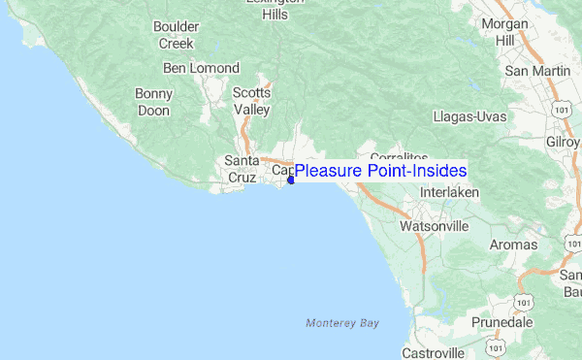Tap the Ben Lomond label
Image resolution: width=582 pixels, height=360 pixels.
201,68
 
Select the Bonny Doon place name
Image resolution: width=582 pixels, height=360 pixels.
154,101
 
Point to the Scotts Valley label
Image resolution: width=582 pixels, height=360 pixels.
251,101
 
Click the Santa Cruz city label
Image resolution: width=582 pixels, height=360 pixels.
242,169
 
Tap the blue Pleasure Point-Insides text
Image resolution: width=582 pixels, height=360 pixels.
380,171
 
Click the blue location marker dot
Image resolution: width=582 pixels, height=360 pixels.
291,180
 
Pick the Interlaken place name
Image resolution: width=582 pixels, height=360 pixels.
450,192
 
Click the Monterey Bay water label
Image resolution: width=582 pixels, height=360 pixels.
341,322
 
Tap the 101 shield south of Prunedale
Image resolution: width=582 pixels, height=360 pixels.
496,345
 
